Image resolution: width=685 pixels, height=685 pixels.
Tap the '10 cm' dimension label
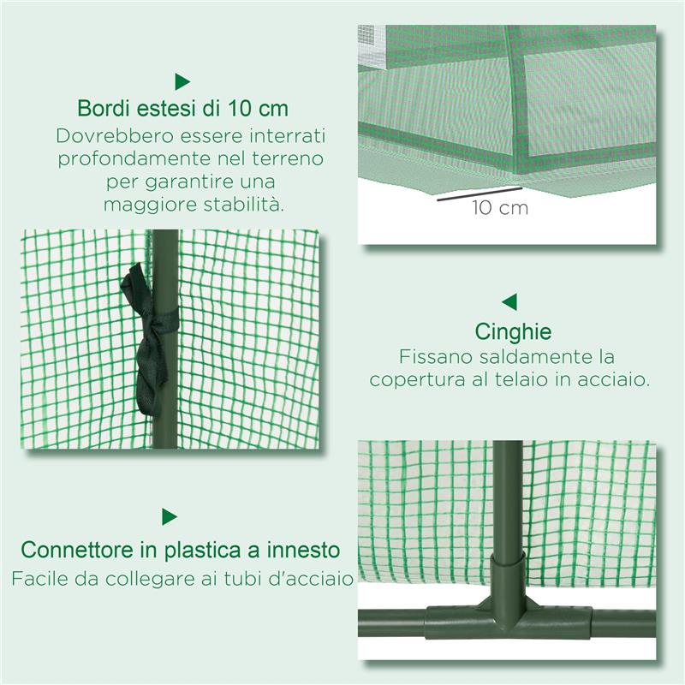(499, 208)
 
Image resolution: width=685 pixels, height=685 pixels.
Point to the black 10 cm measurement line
(479, 194)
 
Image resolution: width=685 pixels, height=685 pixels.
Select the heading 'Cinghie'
(513, 332)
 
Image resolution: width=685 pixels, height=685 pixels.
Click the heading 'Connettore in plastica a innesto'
(181, 549)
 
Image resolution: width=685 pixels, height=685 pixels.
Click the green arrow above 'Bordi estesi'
(182, 81)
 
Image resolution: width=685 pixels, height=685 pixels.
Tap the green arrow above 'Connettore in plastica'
(170, 516)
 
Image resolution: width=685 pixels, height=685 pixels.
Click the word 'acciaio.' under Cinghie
(617, 378)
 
